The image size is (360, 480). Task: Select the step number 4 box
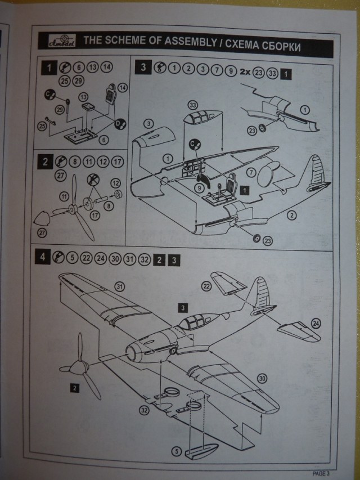[43, 259]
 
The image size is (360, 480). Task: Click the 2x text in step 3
[245, 71]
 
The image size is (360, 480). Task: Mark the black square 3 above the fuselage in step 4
[182, 307]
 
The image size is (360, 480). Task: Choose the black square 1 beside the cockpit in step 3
[244, 191]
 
